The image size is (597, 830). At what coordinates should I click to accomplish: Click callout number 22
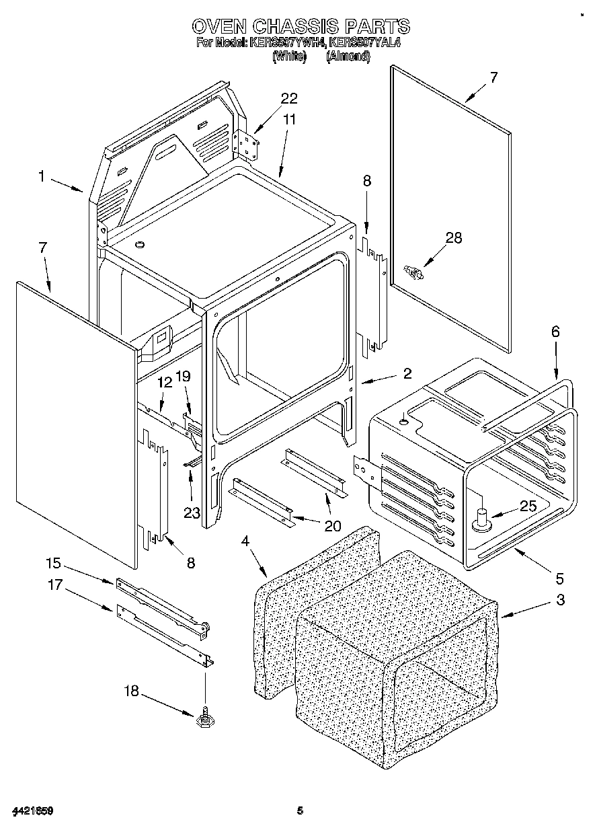288,98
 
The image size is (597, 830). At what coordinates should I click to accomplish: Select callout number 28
454,237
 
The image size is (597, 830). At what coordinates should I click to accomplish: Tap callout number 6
555,332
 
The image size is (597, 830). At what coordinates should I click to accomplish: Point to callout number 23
192,513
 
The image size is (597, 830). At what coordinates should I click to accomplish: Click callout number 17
54,585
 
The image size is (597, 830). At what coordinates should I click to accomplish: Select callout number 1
42,176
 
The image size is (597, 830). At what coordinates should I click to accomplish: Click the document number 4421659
32,810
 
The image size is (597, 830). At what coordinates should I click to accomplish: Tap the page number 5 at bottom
301,810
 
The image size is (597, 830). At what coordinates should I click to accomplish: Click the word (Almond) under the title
348,57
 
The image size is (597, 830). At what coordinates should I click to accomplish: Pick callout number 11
289,119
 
